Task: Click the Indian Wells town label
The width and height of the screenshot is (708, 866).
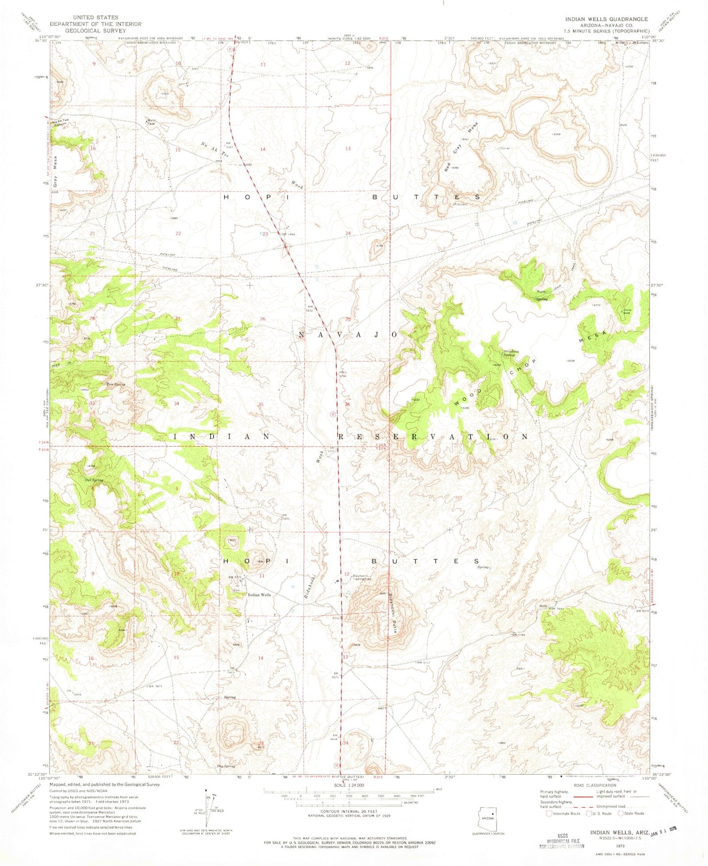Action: click(259, 595)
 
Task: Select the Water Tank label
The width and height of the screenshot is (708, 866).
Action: click(151, 122)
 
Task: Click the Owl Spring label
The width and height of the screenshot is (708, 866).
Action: click(94, 480)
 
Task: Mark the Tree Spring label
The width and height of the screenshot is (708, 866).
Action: click(116, 384)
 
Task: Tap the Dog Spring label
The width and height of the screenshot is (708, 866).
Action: click(226, 766)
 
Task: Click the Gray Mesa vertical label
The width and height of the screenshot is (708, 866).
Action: click(56, 175)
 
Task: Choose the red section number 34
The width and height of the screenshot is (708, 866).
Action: click(176, 404)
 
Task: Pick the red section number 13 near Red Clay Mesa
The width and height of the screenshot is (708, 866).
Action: click(348, 148)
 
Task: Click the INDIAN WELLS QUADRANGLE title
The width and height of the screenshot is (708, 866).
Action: click(606, 19)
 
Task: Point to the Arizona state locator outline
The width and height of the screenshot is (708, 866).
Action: click(488, 817)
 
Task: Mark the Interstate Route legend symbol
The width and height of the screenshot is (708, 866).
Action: click(548, 814)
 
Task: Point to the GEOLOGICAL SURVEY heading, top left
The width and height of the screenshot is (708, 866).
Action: click(96, 30)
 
